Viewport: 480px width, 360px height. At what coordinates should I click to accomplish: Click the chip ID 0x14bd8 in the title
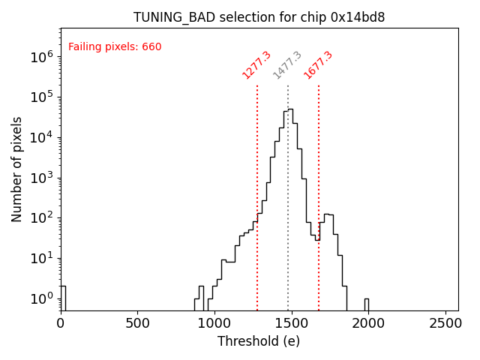[358, 17]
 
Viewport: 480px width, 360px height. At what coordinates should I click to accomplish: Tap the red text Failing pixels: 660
[115, 47]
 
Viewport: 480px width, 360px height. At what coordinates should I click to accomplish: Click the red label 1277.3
[256, 65]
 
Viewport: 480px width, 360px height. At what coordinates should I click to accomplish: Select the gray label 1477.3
[287, 65]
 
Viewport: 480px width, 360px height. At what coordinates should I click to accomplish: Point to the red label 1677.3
[318, 65]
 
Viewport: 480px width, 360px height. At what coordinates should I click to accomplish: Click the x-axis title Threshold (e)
[259, 341]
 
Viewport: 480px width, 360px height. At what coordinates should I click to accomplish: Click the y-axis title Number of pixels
[17, 169]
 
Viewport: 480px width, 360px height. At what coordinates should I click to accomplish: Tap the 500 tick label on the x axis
[137, 323]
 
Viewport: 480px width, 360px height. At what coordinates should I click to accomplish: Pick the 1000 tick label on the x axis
[214, 323]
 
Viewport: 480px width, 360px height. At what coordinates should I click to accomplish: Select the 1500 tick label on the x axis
[291, 323]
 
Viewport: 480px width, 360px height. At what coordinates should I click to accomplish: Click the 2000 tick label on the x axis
[367, 323]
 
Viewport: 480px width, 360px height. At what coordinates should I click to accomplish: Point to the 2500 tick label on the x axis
[445, 323]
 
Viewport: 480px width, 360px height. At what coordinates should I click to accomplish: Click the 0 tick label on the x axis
[61, 323]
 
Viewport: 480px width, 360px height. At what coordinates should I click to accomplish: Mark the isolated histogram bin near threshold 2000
[367, 304]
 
